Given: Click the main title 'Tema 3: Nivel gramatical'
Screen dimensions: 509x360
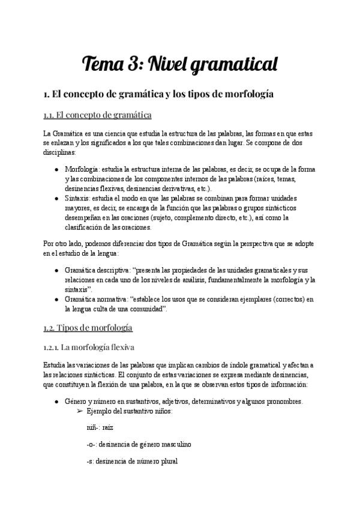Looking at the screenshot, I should click(x=180, y=62).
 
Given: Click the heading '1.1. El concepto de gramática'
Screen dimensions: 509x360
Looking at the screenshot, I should click(x=97, y=115).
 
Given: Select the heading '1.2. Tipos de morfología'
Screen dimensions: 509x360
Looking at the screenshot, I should click(x=88, y=328).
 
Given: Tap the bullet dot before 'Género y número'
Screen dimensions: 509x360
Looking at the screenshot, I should click(x=56, y=402).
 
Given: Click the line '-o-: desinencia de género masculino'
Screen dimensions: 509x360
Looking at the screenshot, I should click(x=139, y=445).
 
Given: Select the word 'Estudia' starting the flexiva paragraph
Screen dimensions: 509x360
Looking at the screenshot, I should click(x=56, y=365).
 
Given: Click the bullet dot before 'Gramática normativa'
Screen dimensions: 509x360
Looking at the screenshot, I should click(x=56, y=299).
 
